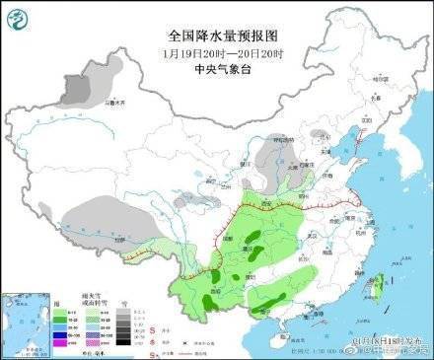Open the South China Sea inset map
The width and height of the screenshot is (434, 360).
pos(29,322)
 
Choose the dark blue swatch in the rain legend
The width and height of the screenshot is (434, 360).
pos(60,334)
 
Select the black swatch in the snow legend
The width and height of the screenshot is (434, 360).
pos(120,341)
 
